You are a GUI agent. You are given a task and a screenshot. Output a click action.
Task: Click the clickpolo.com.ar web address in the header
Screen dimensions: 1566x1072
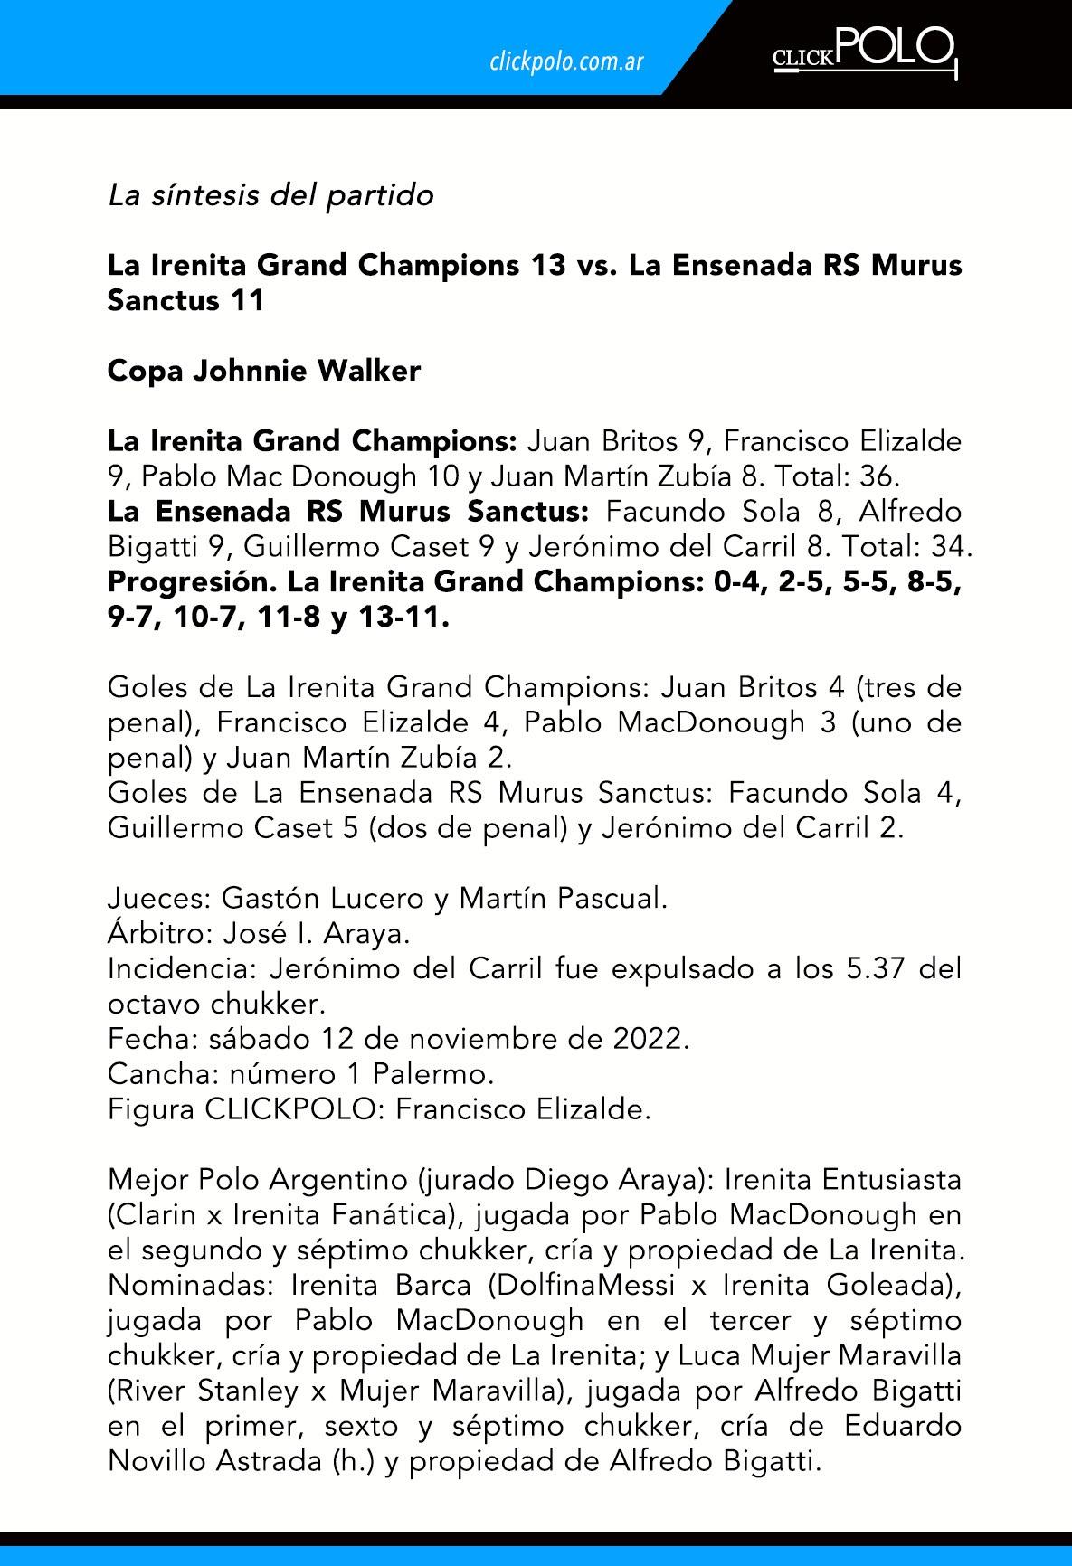click(x=566, y=61)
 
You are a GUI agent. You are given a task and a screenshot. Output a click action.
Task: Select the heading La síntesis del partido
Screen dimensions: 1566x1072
click(x=270, y=194)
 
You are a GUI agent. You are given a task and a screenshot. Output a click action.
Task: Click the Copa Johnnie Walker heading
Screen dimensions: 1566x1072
click(x=264, y=371)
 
